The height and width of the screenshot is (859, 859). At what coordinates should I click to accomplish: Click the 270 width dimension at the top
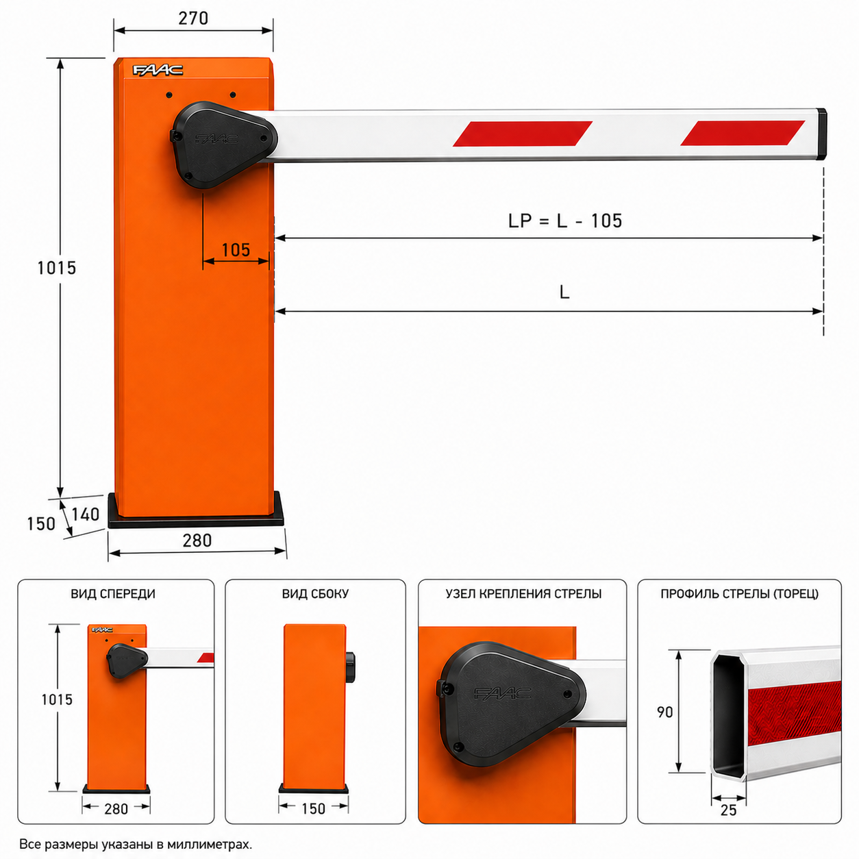click(193, 18)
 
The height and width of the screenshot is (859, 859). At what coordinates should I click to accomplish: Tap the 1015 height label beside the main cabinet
click(57, 268)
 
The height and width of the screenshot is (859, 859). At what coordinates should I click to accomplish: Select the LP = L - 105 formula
click(565, 221)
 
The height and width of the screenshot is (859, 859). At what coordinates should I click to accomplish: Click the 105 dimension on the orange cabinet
click(236, 250)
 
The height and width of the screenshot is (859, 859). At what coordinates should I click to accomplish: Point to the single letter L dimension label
click(564, 292)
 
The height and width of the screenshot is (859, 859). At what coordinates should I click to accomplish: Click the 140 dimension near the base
click(85, 514)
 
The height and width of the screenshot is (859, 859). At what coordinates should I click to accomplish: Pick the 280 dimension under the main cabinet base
click(197, 540)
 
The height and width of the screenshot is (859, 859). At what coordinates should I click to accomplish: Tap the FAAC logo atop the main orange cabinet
click(158, 70)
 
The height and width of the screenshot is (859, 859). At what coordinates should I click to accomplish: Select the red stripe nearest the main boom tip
click(743, 133)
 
